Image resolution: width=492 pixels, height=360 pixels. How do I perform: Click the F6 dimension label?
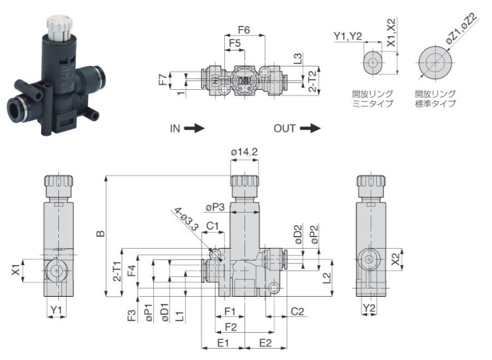pos(244,29)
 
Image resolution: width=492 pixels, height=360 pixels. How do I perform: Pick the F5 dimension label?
pos(234,44)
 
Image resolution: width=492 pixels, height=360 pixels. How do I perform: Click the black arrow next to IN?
pos(195,128)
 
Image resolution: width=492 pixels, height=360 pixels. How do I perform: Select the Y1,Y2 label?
pos(348,36)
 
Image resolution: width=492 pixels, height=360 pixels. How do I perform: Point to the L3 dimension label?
pos(298,60)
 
